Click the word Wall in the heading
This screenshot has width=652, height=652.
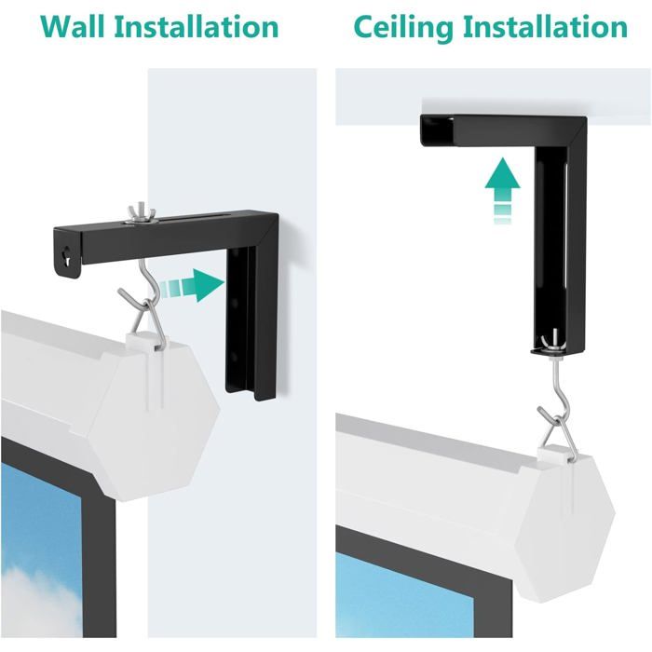73,27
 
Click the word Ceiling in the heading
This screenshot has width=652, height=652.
403,27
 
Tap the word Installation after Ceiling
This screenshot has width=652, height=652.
545,27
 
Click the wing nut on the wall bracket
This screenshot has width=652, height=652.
141,214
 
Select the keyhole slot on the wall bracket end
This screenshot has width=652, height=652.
66,256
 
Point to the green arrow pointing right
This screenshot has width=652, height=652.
193,285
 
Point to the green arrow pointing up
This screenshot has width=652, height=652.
502,190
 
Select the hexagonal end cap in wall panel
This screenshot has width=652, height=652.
155,419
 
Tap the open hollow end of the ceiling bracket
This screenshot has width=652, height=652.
437,130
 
